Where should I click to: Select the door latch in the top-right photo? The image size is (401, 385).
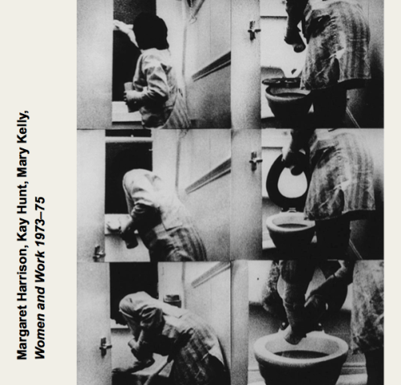click(x=253, y=30)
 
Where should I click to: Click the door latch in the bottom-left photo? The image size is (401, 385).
click(x=105, y=346)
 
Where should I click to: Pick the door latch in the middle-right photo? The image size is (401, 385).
click(x=255, y=161)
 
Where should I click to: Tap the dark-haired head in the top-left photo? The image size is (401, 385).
click(x=150, y=31)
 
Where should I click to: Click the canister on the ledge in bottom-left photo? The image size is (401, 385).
click(x=172, y=301)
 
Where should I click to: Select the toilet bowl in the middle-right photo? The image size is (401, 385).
click(x=291, y=230)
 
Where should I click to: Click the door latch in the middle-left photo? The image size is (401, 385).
click(x=99, y=253)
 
